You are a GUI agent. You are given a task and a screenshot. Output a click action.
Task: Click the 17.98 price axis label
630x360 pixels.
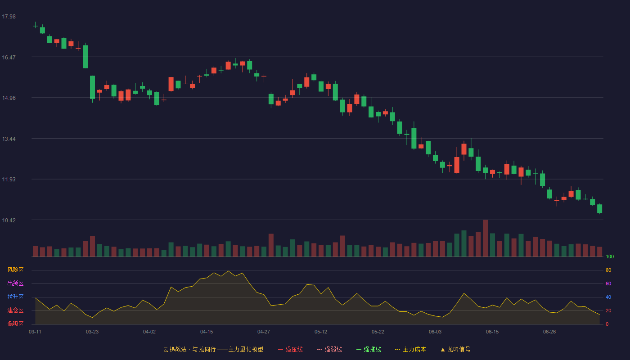(9, 17)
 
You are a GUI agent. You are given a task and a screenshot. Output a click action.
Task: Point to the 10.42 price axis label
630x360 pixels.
(9, 220)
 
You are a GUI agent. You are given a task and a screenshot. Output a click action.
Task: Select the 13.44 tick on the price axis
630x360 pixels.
(9, 139)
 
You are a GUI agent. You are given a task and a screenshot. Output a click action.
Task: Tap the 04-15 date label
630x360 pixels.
(207, 332)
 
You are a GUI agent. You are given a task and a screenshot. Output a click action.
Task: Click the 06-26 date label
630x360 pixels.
(549, 332)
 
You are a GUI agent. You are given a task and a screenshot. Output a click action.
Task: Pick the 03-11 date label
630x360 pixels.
(35, 332)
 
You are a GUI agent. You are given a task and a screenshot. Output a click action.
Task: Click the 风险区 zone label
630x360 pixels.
(15, 270)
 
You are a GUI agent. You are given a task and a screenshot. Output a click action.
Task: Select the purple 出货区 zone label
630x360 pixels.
(15, 283)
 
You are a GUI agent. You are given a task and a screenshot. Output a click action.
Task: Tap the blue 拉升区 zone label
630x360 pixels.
(15, 297)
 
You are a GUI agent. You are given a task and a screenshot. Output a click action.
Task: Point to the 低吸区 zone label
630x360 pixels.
(15, 324)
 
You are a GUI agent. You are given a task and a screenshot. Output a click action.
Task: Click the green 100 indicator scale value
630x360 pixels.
(610, 256)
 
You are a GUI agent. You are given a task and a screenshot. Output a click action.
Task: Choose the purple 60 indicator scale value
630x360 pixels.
(608, 283)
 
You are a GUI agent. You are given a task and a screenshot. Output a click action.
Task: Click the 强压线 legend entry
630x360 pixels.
(290, 349)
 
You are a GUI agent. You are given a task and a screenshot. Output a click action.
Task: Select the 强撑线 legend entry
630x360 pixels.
(369, 349)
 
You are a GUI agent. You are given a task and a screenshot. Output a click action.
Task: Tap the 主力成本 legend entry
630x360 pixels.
(410, 349)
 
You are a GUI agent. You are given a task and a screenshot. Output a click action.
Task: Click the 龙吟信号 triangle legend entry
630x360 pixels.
(455, 349)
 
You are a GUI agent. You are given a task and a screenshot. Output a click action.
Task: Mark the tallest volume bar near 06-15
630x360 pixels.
(485, 238)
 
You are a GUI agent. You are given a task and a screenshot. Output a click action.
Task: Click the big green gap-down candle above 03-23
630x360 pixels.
(92, 87)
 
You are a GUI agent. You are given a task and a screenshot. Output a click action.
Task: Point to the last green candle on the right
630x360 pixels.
(599, 209)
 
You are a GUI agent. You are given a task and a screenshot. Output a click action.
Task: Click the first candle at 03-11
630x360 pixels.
(35, 26)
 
